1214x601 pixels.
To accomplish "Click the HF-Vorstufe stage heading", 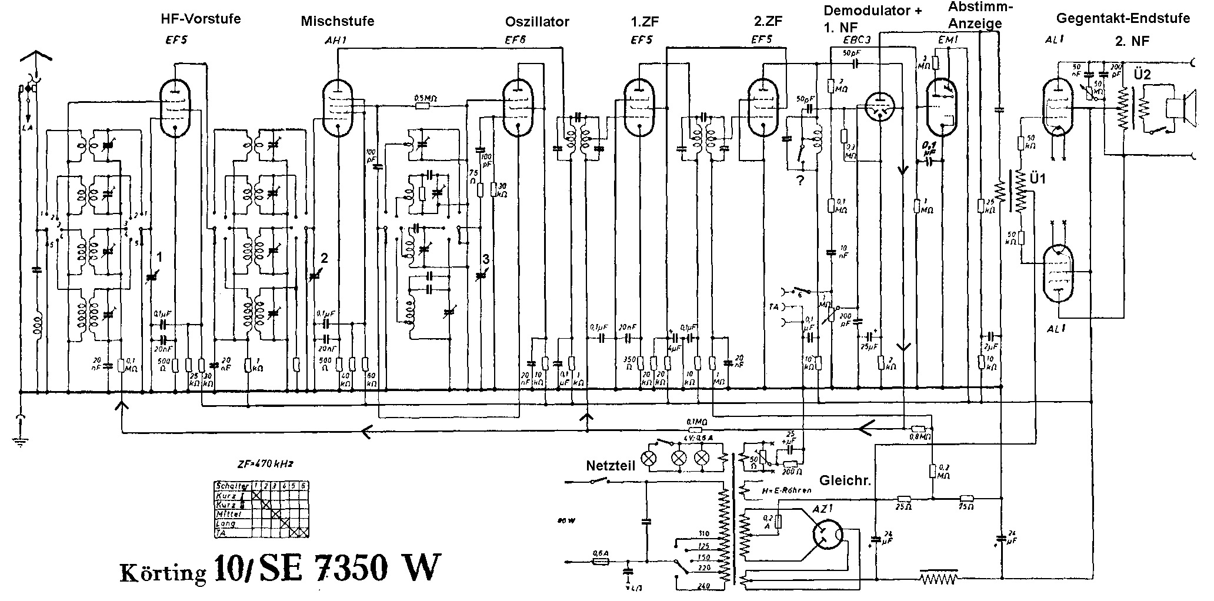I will coord(201,19).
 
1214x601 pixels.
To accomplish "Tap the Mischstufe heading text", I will coord(337,22).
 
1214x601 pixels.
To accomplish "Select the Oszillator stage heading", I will coord(537,22).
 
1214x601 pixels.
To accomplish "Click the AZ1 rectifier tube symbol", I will coord(827,535).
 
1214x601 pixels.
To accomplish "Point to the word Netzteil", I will coord(611,466).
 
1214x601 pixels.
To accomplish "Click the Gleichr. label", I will coord(845,480).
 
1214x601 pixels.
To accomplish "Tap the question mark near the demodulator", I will coord(800,181).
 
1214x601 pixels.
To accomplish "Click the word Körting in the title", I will coord(163,572).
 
